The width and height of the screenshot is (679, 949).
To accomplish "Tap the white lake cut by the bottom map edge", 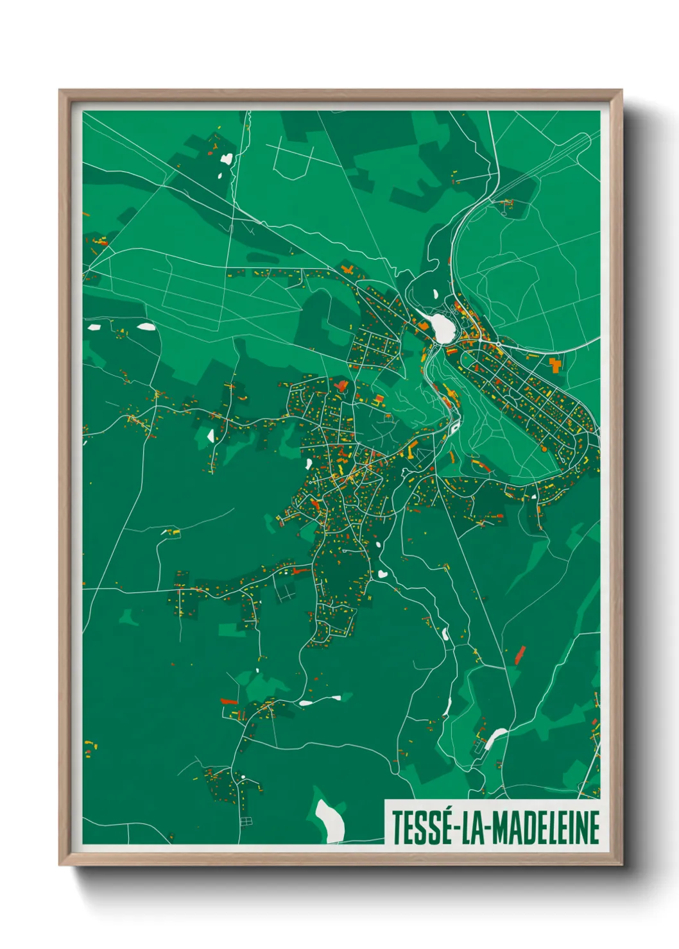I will (331, 821).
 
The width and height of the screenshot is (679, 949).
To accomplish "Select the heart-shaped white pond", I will (382, 574).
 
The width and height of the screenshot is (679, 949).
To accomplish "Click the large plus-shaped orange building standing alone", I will (554, 365).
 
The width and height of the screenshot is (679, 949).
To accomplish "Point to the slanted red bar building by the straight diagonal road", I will (519, 655).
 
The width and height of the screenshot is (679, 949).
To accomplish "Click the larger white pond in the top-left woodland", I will (227, 157).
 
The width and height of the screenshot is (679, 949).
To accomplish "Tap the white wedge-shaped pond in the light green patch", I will (211, 436).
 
